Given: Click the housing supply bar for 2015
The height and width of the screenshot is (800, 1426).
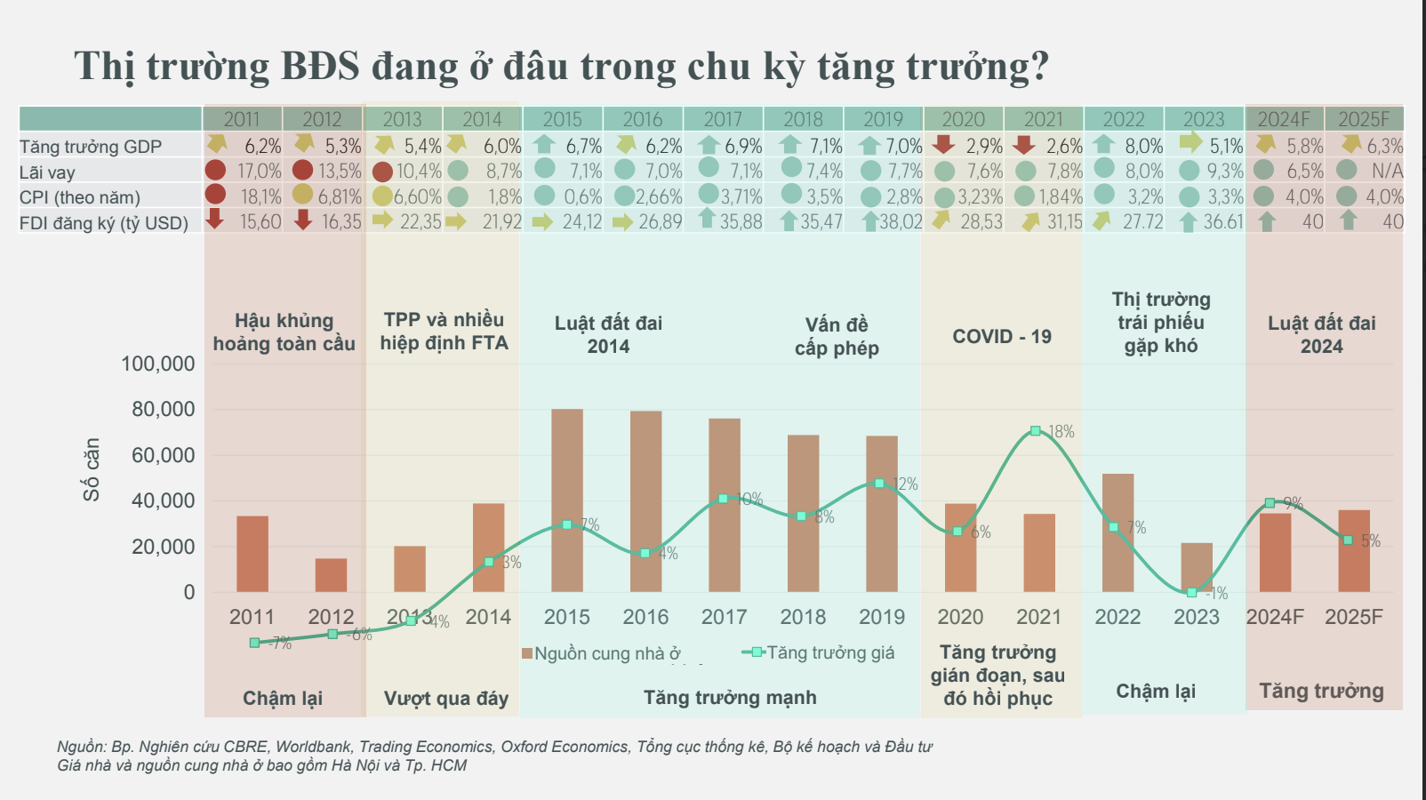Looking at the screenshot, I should [567, 500].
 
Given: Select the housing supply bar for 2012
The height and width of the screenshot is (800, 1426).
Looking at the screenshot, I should [331, 575].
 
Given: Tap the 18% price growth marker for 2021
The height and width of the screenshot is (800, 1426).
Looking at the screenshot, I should [1036, 431].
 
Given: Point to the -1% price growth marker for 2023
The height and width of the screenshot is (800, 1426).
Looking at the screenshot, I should [1192, 592].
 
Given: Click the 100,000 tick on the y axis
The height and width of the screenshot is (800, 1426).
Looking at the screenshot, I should [158, 364].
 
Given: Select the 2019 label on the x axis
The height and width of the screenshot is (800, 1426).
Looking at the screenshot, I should [881, 617].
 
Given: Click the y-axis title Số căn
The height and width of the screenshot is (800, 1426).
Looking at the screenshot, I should [91, 469].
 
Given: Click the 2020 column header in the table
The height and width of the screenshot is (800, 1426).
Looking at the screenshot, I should [963, 119].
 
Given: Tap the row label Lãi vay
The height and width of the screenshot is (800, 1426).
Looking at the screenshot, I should [47, 172].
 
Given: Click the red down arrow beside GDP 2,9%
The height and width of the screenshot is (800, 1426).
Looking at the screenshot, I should [943, 145].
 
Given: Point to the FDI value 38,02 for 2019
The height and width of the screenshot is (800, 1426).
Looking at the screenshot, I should [901, 222].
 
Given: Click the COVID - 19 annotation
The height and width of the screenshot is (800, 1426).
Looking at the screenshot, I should [1002, 337].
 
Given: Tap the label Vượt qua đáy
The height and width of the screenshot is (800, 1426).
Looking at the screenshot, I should [445, 699].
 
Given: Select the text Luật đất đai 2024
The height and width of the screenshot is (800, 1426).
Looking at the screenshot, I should [1321, 335].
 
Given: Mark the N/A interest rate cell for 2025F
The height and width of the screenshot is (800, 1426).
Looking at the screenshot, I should [1386, 171].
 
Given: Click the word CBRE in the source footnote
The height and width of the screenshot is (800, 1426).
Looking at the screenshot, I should [245, 747].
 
